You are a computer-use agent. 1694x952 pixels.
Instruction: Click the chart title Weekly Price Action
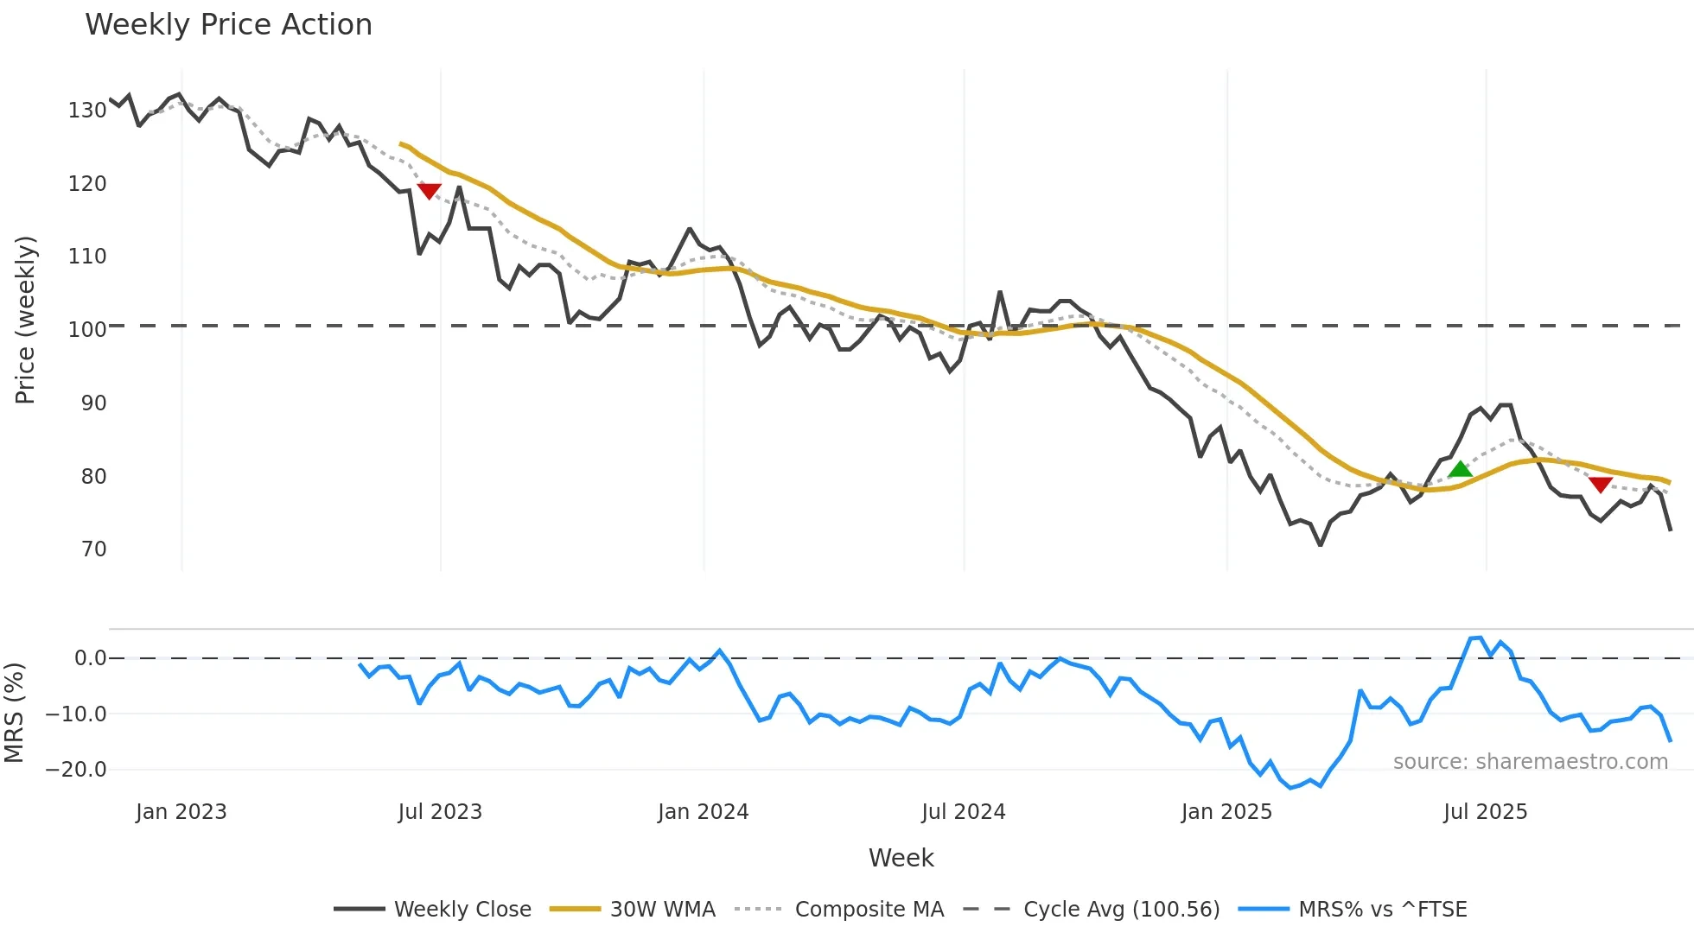pos(228,25)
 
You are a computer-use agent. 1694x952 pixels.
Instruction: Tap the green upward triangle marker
pos(1460,470)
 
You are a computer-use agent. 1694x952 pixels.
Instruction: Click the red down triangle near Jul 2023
pos(429,190)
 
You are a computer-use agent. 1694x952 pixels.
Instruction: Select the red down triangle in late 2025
pos(1600,485)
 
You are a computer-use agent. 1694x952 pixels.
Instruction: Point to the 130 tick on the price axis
pos(87,111)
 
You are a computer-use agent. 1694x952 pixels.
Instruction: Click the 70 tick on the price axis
pos(93,549)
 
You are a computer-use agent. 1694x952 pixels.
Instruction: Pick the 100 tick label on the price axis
pos(87,330)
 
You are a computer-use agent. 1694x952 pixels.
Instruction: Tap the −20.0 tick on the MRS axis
pos(76,770)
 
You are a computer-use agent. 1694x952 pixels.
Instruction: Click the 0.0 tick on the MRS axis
pos(90,658)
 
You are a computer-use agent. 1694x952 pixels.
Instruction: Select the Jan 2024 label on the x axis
pos(703,812)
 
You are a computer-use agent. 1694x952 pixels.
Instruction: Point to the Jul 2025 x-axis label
pos(1485,812)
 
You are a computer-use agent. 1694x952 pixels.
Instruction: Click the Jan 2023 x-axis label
pos(181,812)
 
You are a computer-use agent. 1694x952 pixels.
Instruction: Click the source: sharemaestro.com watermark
pos(1530,762)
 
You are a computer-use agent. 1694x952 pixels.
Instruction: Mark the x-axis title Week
pos(901,858)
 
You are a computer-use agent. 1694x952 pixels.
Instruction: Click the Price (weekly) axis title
pos(25,320)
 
